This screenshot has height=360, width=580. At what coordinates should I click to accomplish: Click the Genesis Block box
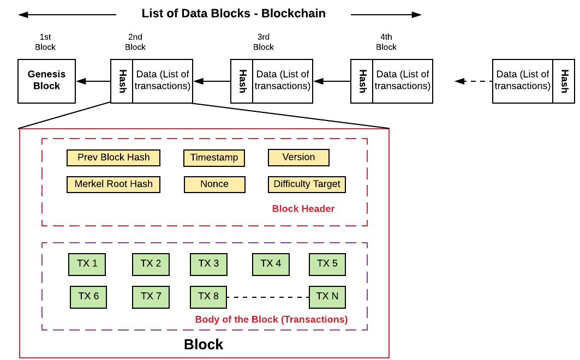(46, 81)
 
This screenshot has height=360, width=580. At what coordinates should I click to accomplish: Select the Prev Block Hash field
(113, 158)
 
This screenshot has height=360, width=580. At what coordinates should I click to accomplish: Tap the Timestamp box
(214, 158)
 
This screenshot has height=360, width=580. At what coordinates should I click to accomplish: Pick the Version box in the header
(298, 157)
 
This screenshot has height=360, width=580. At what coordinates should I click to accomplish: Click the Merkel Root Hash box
(113, 184)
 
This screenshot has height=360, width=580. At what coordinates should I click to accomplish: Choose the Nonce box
(214, 184)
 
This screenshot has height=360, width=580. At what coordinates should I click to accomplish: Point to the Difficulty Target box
(307, 184)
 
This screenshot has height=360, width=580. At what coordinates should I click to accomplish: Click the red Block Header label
(303, 208)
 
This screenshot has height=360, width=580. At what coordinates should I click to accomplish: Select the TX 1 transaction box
(87, 264)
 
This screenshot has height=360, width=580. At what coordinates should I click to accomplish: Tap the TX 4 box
(271, 264)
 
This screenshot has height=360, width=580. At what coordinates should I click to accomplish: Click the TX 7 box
(151, 297)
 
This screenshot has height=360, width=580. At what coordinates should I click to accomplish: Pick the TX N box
(327, 297)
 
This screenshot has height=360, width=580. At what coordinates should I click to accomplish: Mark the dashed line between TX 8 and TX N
(267, 297)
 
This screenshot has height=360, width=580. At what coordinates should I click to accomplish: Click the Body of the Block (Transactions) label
(271, 319)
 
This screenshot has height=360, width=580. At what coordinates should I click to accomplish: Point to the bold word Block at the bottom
(204, 344)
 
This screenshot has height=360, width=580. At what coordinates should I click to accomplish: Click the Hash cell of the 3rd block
(242, 81)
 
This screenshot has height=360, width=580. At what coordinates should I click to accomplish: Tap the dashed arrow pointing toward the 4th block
(473, 81)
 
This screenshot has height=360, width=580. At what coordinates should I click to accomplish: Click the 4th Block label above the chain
(386, 42)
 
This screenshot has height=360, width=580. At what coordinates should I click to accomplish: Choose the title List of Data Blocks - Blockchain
(234, 14)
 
